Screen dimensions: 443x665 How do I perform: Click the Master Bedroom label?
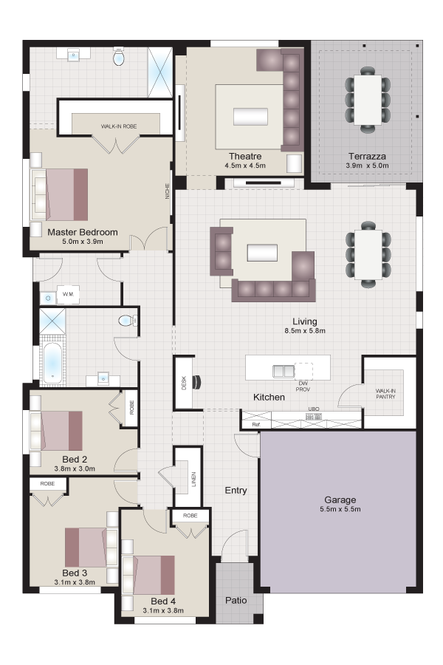coord(82,232)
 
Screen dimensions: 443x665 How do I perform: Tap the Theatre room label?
coord(245,156)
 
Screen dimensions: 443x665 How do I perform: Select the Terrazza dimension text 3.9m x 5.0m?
coord(367,166)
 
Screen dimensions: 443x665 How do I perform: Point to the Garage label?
coord(340,499)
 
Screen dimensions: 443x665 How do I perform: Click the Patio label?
coord(236,600)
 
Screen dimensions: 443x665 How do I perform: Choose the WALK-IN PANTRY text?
coord(385,394)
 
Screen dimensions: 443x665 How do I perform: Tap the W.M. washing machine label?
coord(68,294)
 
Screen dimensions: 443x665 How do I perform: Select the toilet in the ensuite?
coord(119,57)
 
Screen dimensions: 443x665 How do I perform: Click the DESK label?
coord(184,383)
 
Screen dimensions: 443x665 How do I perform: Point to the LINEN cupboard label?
coord(193,480)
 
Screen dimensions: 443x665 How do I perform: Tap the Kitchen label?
coord(269,397)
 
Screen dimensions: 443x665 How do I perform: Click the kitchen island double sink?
coord(284,371)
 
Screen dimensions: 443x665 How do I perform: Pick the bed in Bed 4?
coord(148,575)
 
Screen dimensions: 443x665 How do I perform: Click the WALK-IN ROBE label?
coord(119,126)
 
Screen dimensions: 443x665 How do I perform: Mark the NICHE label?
coord(167,191)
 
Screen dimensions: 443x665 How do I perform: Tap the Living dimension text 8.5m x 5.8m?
coord(305,331)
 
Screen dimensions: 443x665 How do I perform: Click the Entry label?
coord(236,491)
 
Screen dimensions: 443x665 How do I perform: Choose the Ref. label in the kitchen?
coord(255,424)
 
